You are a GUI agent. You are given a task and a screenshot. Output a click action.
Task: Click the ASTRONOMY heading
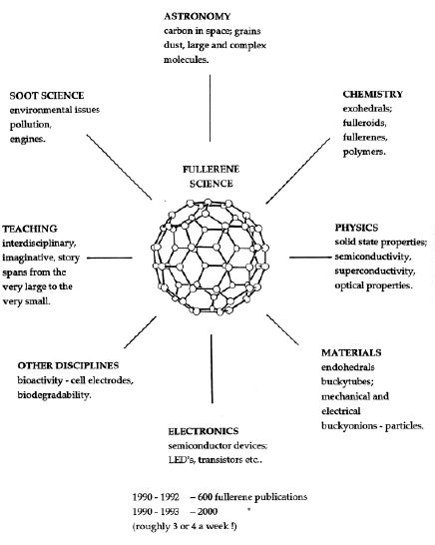tap(197, 16)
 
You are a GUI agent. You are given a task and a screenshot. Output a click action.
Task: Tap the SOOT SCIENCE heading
tap(47, 96)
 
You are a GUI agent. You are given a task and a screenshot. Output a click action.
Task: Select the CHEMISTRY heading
tap(373, 94)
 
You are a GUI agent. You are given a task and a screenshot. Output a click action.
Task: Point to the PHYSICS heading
tap(356, 228)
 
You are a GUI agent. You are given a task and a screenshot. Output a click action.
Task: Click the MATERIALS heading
tap(351, 352)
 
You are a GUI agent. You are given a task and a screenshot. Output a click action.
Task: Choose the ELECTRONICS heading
tap(204, 431)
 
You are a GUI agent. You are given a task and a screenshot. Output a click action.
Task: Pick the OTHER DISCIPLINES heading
tap(68, 365)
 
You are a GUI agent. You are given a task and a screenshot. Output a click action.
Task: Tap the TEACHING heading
tap(30, 229)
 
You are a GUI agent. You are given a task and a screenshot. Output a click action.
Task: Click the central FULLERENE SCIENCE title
tap(212, 177)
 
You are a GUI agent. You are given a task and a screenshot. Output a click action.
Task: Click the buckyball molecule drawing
tap(210, 258)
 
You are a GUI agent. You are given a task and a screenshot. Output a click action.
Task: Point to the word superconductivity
tap(375, 272)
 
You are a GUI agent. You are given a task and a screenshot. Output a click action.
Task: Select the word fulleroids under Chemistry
tap(364, 123)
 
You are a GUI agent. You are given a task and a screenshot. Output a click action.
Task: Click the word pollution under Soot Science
tap(30, 125)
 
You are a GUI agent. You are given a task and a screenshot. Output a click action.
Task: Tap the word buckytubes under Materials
tap(347, 381)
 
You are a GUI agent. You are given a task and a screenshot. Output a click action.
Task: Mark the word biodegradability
tap(54, 395)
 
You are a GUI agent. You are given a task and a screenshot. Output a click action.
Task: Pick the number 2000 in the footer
tap(208, 512)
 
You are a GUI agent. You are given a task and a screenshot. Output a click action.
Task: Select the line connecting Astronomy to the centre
tap(210, 108)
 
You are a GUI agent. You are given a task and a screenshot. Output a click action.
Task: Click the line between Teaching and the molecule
tap(110, 258)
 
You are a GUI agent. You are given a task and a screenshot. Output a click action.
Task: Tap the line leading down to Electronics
tap(212, 368)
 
